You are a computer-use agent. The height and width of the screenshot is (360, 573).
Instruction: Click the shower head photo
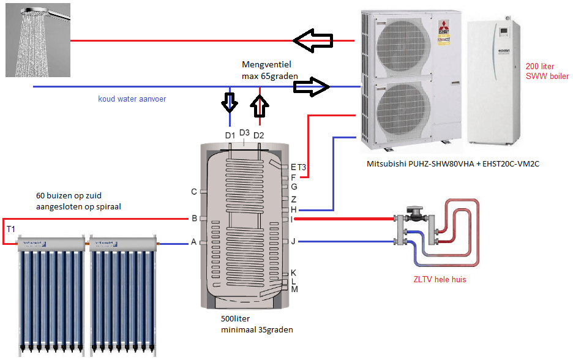[x=35, y=39]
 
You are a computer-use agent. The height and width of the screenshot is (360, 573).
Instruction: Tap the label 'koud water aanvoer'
[x=132, y=99]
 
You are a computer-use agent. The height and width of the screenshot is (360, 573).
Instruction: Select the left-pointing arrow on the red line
[x=312, y=41]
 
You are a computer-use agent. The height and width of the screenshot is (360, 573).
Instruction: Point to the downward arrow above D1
[x=230, y=102]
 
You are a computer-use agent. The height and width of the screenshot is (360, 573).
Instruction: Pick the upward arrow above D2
[x=260, y=104]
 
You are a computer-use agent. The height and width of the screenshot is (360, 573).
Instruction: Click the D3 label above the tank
[x=244, y=132]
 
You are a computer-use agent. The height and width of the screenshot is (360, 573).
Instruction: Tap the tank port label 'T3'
[x=302, y=167]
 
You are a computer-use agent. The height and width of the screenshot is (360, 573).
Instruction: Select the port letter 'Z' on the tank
[x=294, y=199]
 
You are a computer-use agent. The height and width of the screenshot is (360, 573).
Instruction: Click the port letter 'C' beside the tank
[x=194, y=192]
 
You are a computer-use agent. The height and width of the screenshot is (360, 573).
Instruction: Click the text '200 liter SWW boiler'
[x=547, y=71]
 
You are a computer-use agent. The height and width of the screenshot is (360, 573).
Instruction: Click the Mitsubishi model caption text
[x=452, y=164]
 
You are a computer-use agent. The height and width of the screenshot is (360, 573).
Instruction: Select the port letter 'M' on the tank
[x=294, y=289]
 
